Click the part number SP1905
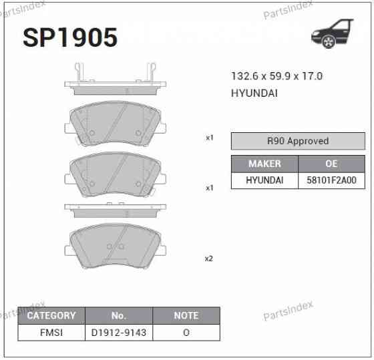[x=69, y=37]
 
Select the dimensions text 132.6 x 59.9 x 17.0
[x=276, y=76]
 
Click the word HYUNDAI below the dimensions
[x=254, y=93]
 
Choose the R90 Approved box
[x=298, y=141]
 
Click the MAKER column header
[x=264, y=164]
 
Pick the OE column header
[x=331, y=164]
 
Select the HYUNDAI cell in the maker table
[x=264, y=180]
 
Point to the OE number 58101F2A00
[x=331, y=180]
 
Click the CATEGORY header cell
[x=51, y=315]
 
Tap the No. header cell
[x=119, y=315]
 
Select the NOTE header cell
[x=186, y=315]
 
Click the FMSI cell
[x=51, y=332]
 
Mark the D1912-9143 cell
[x=119, y=332]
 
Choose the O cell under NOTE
[x=186, y=332]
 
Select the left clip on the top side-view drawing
[x=79, y=70]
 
